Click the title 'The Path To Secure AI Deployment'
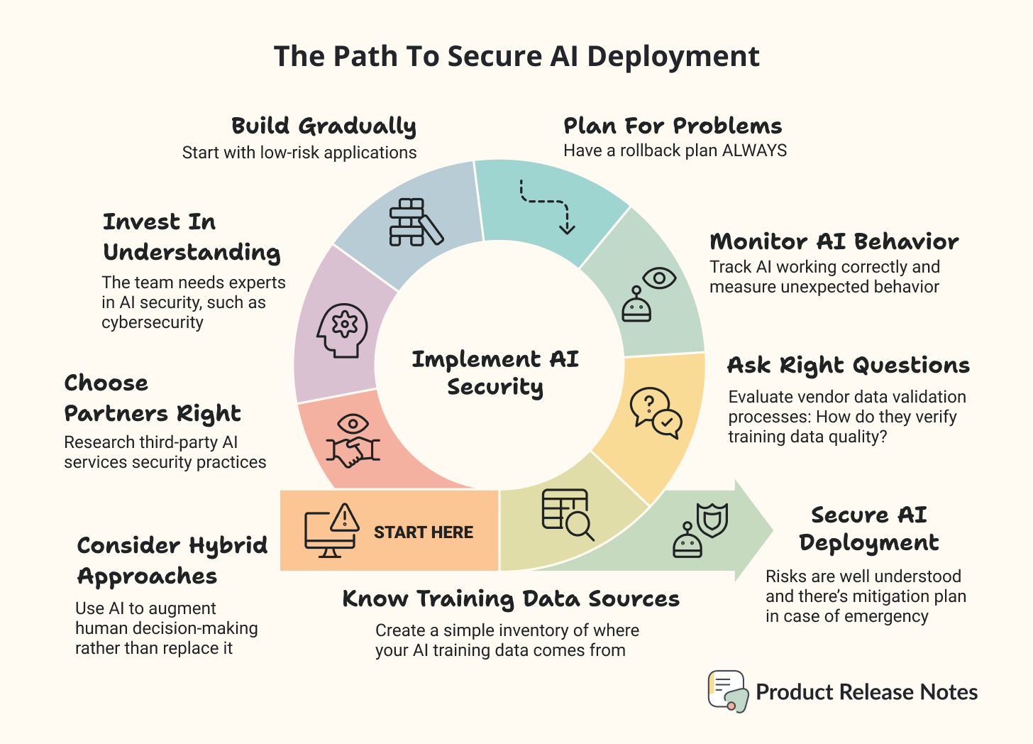click(x=516, y=57)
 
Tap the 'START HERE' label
click(x=423, y=532)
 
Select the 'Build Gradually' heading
click(x=324, y=126)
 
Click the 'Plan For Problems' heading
click(x=673, y=126)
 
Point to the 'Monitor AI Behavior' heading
click(x=834, y=242)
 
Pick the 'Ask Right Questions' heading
click(x=849, y=366)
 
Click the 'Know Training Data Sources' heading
click(x=511, y=599)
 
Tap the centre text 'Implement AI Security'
click(x=495, y=373)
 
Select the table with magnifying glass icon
click(x=568, y=515)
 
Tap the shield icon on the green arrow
click(x=712, y=520)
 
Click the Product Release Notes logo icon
click(x=728, y=691)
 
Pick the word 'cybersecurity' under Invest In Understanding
click(x=153, y=322)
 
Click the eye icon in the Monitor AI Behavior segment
click(x=659, y=278)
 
